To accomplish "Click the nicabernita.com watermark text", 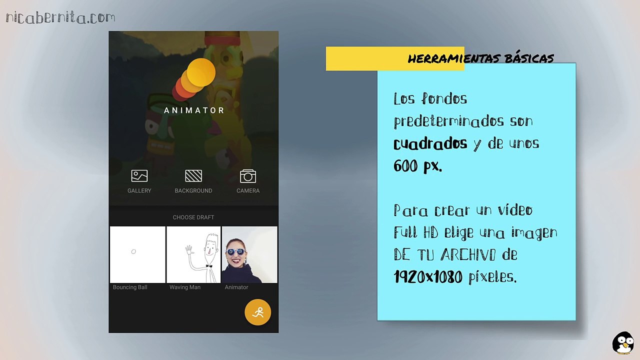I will [60, 18].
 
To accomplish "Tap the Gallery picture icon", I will [139, 176].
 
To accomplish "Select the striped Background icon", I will [193, 176].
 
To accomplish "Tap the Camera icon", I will [248, 176].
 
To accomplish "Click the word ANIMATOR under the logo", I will [194, 110].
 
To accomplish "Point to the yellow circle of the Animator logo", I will [201, 72].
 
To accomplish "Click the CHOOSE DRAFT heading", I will [193, 217].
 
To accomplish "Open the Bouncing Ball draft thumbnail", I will [137, 254].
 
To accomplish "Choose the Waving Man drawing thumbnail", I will [193, 254].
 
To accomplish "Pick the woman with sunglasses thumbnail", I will [249, 254].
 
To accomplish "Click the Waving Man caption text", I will [185, 287].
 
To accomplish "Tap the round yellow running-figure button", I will [257, 312].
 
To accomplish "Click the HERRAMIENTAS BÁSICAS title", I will [480, 59].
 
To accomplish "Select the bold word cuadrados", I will [430, 144].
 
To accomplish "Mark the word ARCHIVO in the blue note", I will [468, 255].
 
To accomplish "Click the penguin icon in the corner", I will [623, 342].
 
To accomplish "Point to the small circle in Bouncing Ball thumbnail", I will [133, 251].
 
